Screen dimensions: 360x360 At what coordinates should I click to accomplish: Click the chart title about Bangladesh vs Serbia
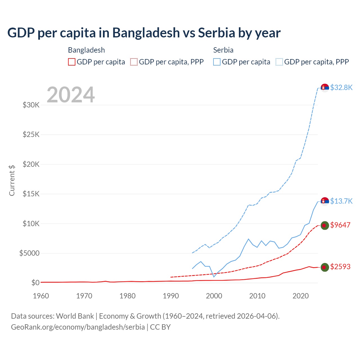coord(144,33)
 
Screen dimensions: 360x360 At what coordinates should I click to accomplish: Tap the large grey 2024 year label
coord(71,95)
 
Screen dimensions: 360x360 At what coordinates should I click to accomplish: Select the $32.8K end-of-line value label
coord(341,87)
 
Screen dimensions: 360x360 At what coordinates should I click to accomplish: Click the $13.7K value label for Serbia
coord(341,201)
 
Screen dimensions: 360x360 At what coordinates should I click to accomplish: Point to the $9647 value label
coord(340,225)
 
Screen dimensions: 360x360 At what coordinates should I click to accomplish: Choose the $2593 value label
coord(340,267)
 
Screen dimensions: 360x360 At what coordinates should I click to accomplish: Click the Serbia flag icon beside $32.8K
coord(325,88)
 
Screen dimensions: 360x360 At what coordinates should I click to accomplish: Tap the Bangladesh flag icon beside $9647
coord(325,225)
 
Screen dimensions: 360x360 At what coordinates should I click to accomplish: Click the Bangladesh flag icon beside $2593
coord(325,267)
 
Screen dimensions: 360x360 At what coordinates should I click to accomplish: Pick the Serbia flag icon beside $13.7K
coord(325,201)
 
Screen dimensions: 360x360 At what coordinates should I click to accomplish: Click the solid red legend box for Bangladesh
coord(72,62)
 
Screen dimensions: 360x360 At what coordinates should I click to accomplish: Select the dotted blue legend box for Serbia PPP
coord(279,62)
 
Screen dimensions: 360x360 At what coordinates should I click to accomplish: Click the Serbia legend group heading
coord(223,50)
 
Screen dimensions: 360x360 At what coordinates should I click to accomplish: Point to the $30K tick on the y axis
coord(31,105)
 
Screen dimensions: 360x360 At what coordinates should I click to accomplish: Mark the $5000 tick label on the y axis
coord(29,253)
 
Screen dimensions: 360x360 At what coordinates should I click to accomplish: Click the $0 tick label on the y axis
coord(35,283)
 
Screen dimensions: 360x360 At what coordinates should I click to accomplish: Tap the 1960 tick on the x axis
coord(41,296)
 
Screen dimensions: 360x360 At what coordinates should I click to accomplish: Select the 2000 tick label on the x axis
coord(214,296)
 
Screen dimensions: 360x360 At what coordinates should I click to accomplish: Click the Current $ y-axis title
coord(12,180)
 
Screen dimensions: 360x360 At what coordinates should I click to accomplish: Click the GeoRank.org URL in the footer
coord(78,327)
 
